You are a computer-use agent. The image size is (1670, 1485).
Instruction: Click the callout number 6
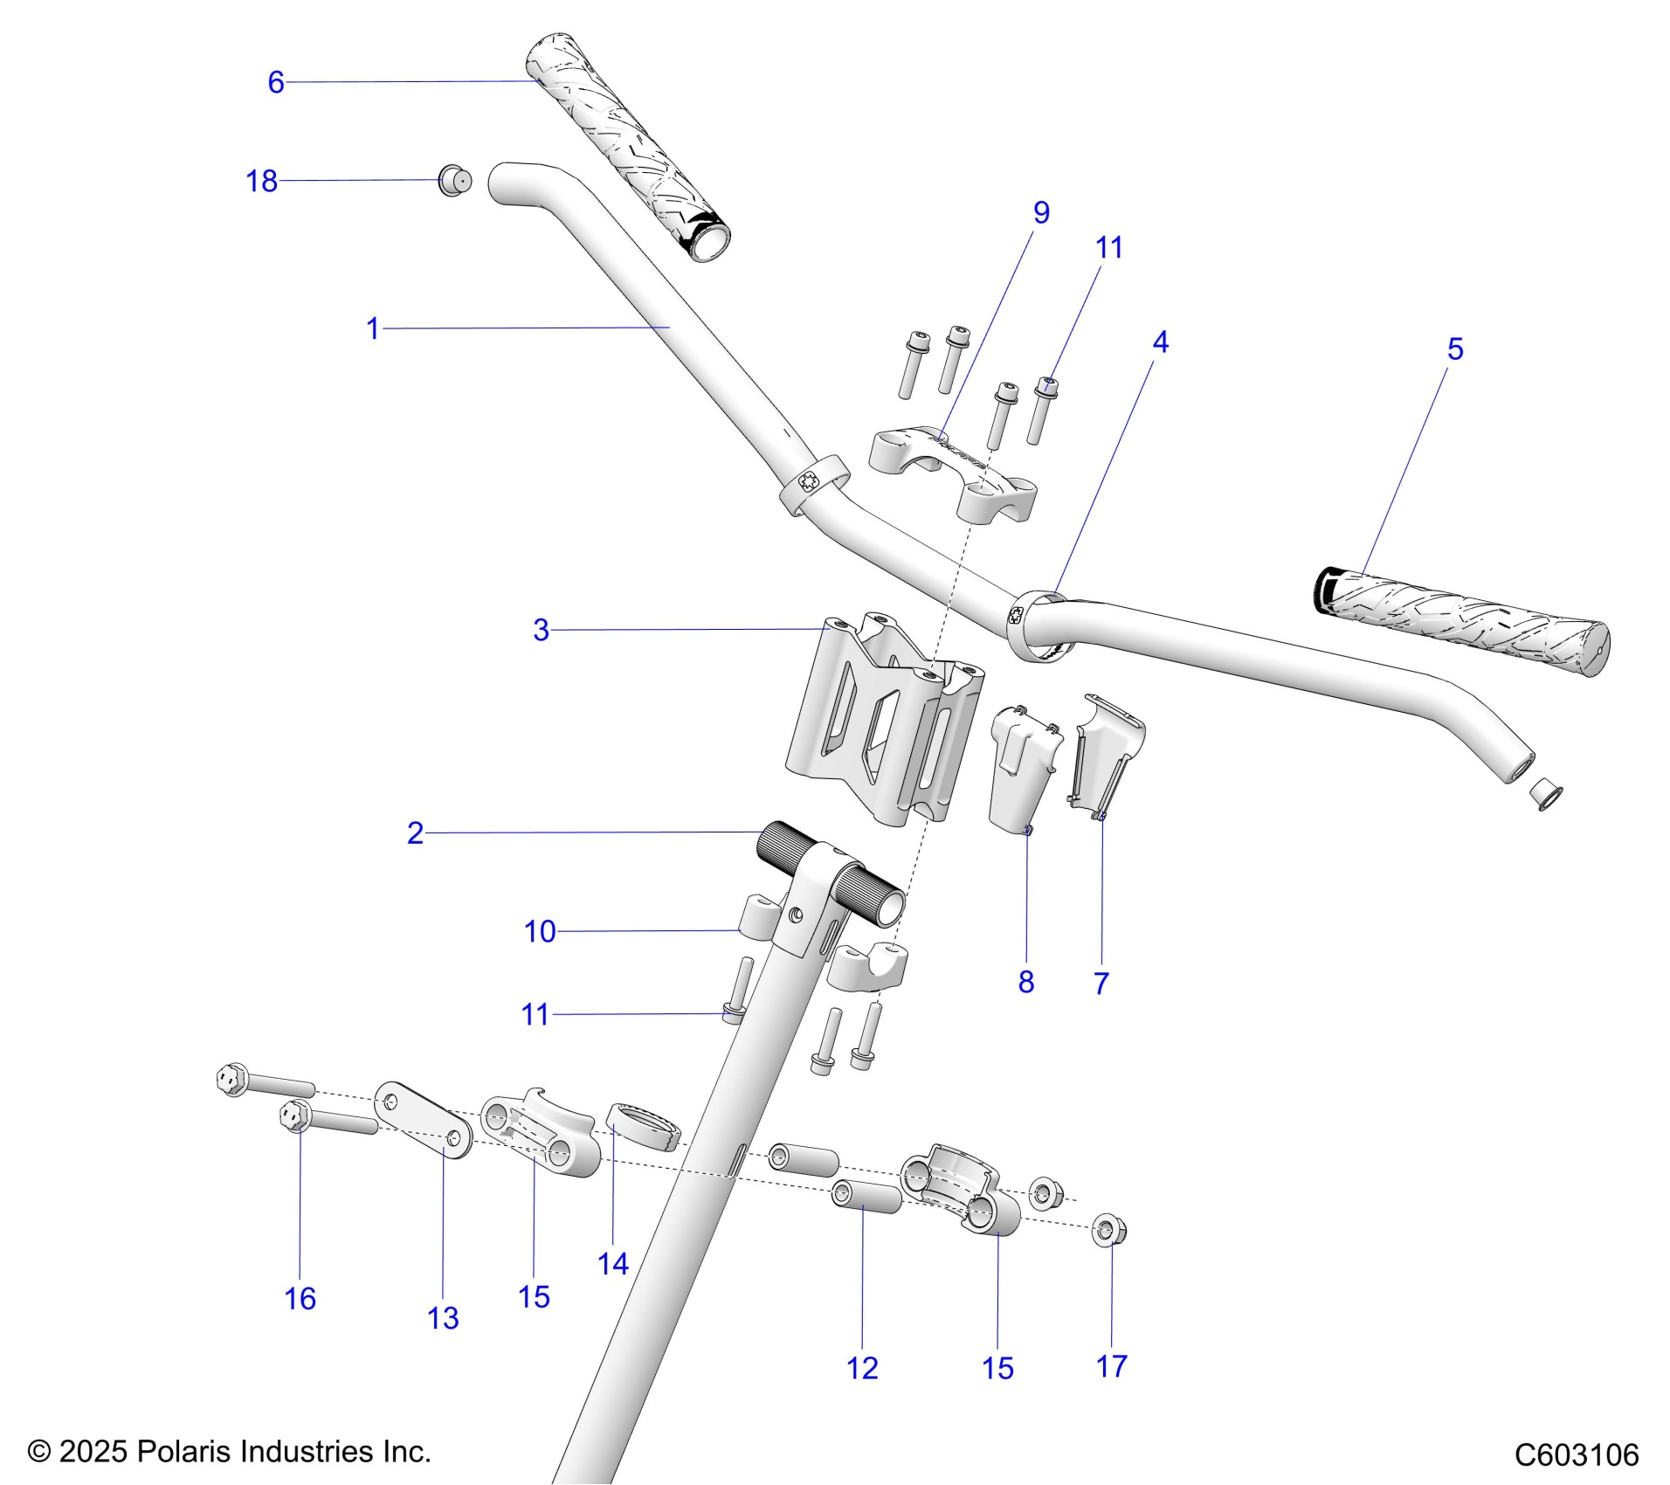click(x=276, y=82)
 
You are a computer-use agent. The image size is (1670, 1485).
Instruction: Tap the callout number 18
click(x=261, y=181)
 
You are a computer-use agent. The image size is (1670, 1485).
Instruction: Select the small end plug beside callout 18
click(x=454, y=181)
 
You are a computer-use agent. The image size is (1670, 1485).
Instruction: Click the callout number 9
click(x=1041, y=212)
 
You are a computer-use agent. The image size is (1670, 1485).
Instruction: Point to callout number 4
click(x=1160, y=342)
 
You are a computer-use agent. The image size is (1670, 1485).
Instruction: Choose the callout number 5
click(x=1454, y=349)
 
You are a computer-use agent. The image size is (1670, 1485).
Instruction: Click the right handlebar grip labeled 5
click(x=1460, y=618)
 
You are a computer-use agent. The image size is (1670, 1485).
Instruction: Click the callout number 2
click(x=415, y=832)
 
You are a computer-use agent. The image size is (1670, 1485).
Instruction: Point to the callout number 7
click(x=1101, y=983)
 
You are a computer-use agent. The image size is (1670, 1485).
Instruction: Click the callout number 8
click(x=1026, y=982)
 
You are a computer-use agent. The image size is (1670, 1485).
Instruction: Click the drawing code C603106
click(x=1577, y=1454)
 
